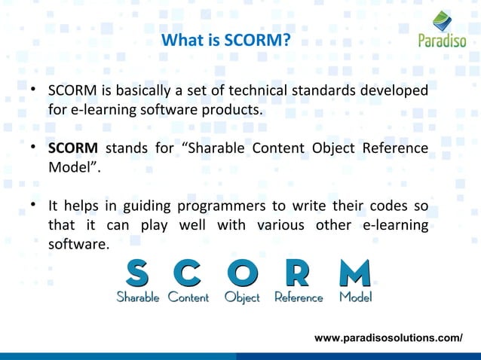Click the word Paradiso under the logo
tap(443, 41)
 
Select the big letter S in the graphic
tap(137, 274)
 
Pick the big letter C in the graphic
tap(188, 274)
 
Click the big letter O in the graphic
tap(242, 274)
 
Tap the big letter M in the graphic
tap(354, 274)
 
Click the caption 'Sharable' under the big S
tap(137, 297)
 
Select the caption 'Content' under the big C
tap(188, 297)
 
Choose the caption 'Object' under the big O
tap(242, 297)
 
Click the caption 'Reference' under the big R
tap(299, 297)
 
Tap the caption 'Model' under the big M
tap(355, 297)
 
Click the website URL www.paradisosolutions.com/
tap(388, 338)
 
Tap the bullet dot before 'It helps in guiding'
tap(34, 206)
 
